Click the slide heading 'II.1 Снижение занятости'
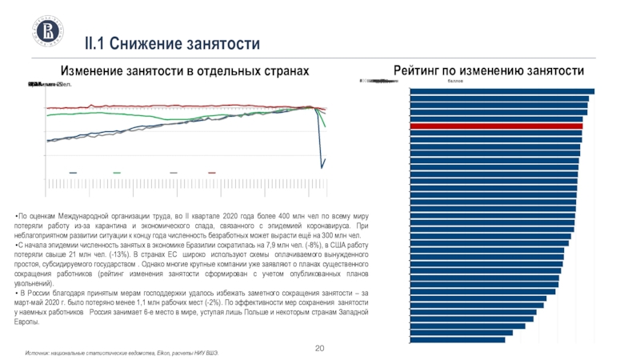point(173,42)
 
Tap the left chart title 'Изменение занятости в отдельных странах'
point(185,71)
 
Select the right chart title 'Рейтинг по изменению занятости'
point(490,70)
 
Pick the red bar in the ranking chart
point(496,126)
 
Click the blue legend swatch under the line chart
point(74,172)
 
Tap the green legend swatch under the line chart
point(117,172)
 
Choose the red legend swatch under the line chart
point(212,172)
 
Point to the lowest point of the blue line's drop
point(322,167)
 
